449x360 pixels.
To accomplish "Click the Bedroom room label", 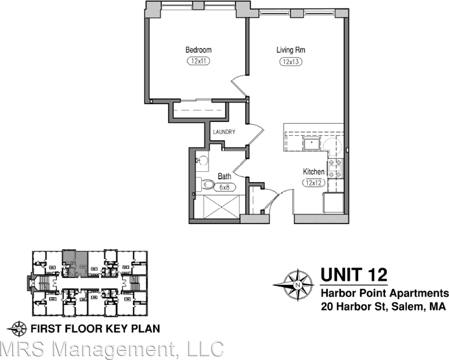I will (198, 50).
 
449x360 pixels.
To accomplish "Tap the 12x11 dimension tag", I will (198, 61).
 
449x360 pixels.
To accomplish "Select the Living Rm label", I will (291, 50).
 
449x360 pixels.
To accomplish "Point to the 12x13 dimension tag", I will (291, 62).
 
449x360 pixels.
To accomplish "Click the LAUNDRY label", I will (224, 132).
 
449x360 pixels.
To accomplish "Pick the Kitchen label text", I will (314, 172).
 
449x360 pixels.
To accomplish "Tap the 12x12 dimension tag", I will (314, 183).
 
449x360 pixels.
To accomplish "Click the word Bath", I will (224, 177).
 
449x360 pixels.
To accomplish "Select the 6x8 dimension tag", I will (224, 187).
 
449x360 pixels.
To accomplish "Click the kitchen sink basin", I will (312, 143).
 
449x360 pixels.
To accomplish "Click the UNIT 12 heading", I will (354, 275).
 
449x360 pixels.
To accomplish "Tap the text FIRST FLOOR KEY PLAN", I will (93, 328).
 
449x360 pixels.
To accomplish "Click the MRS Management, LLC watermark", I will (111, 349).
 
